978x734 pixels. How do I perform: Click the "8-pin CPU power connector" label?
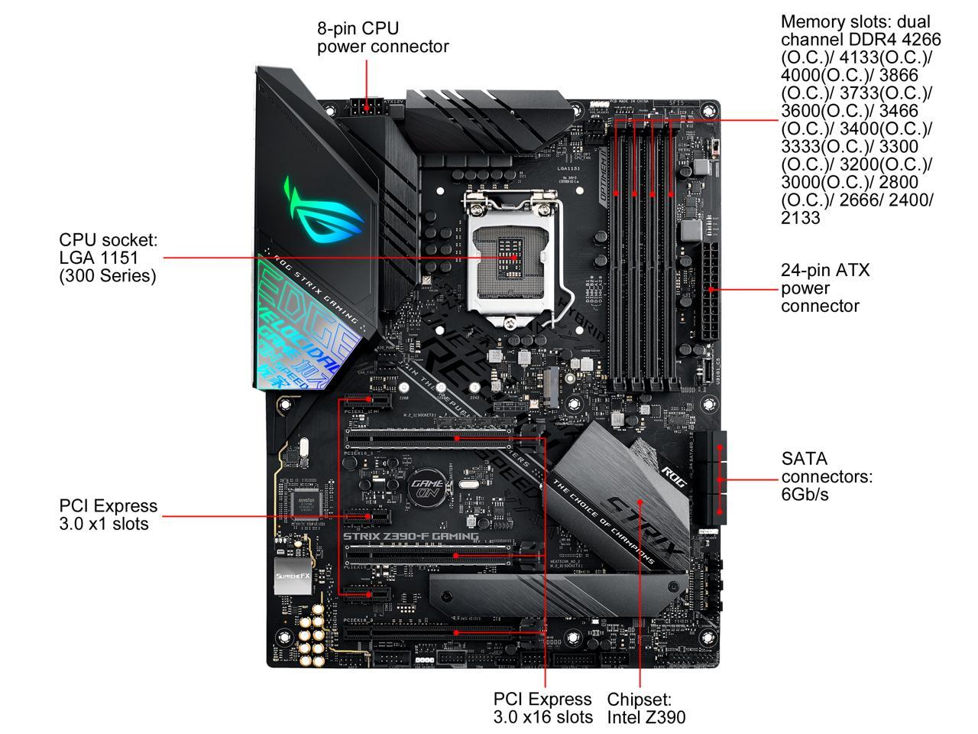(x=383, y=37)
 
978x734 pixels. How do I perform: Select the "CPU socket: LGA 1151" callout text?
(x=108, y=258)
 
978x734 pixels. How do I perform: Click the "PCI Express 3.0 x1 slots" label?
(x=108, y=515)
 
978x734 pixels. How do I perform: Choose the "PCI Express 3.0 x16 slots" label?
(x=542, y=708)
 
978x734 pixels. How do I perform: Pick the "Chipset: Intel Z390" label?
(x=646, y=708)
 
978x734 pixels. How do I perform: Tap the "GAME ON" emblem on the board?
(x=425, y=489)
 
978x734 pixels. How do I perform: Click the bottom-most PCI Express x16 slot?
(x=443, y=633)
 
